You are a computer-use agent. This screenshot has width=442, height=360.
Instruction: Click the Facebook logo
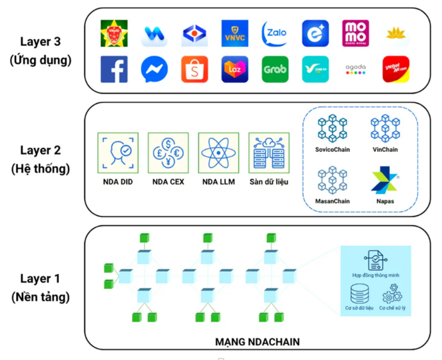click(x=114, y=70)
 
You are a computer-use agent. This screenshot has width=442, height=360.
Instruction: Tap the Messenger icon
click(x=154, y=70)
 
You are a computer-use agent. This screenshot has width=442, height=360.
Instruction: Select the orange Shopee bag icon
click(x=195, y=70)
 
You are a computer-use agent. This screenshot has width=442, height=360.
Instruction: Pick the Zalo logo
click(x=275, y=33)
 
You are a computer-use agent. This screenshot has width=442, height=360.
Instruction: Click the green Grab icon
click(x=275, y=70)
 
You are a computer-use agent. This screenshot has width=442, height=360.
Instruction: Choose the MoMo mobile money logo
click(x=356, y=33)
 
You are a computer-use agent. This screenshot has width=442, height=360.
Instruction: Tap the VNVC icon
click(x=234, y=33)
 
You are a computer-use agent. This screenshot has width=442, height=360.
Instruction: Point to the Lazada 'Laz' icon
click(x=234, y=70)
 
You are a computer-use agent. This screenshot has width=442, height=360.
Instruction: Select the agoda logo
click(x=356, y=70)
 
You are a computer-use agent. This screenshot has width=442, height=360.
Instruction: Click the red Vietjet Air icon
click(x=396, y=70)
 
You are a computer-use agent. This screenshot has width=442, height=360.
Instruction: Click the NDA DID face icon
click(x=118, y=152)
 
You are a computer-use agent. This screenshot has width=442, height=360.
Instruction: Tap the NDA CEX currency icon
click(x=168, y=152)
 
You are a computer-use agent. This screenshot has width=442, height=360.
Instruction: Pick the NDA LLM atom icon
click(x=218, y=152)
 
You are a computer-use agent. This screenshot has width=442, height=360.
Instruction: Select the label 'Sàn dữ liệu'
click(x=268, y=182)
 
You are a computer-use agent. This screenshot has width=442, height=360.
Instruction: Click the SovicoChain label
click(x=332, y=149)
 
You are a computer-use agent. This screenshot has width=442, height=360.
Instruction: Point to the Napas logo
click(x=385, y=181)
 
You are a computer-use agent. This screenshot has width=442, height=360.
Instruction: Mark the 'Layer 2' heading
click(x=40, y=152)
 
